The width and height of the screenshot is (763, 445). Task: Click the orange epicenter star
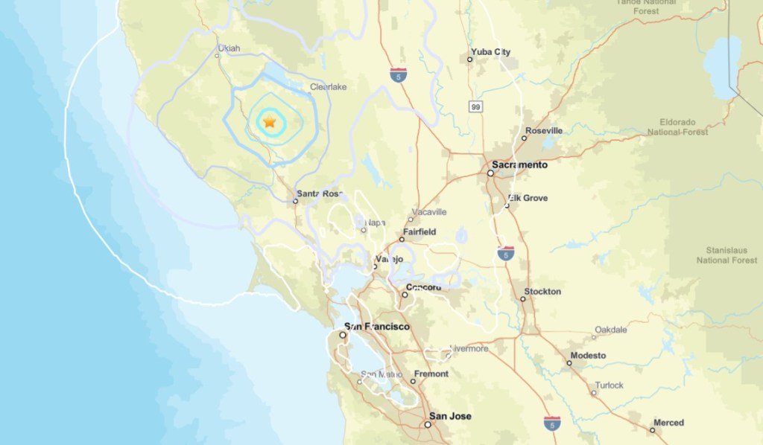[269, 121]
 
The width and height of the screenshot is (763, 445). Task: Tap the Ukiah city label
[229, 48]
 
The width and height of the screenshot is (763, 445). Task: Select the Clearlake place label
[328, 87]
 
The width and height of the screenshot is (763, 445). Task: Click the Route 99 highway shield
[475, 107]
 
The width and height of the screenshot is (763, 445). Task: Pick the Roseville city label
[544, 130]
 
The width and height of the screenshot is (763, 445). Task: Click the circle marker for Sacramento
[490, 173]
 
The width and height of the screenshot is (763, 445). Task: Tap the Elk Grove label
[528, 198]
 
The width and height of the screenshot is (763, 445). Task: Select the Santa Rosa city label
[320, 193]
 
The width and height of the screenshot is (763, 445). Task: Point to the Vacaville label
[431, 212]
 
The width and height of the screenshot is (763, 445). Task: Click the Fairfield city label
[420, 231]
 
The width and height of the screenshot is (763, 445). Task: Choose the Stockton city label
[542, 291]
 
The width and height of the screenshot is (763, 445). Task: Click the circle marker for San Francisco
[343, 336]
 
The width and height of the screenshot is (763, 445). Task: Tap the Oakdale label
[610, 329]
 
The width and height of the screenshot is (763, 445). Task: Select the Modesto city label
[587, 355]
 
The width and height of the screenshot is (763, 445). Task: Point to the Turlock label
[609, 385]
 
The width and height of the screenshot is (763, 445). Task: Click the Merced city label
[668, 423]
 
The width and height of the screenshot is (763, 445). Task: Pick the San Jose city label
[450, 417]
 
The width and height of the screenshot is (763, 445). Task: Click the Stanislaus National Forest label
[727, 254]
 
